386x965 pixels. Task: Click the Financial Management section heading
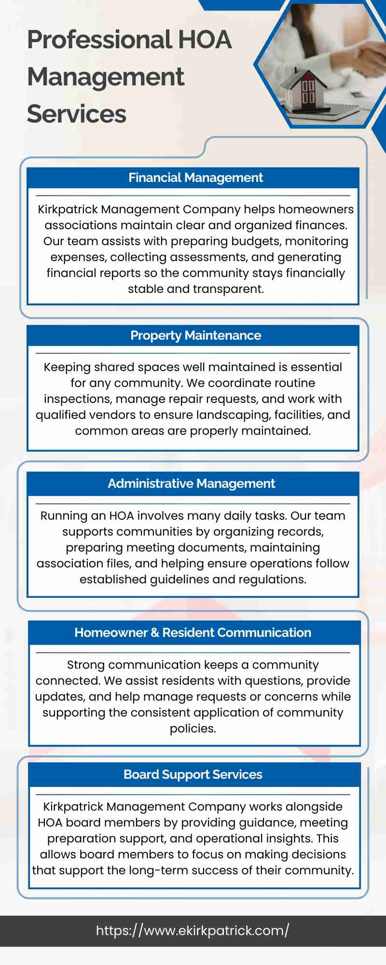click(x=195, y=178)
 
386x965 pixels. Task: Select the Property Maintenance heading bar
click(x=195, y=336)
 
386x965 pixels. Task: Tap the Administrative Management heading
click(x=191, y=484)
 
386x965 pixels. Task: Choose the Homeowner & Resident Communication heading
click(x=193, y=633)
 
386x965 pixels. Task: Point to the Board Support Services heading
click(x=193, y=775)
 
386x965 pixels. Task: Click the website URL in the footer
click(x=193, y=931)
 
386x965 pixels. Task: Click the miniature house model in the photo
click(x=302, y=87)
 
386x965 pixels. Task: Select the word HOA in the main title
click(x=205, y=40)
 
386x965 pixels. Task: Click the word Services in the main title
click(x=77, y=114)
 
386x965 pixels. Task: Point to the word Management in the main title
click(x=106, y=77)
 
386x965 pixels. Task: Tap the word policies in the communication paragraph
click(x=193, y=729)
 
